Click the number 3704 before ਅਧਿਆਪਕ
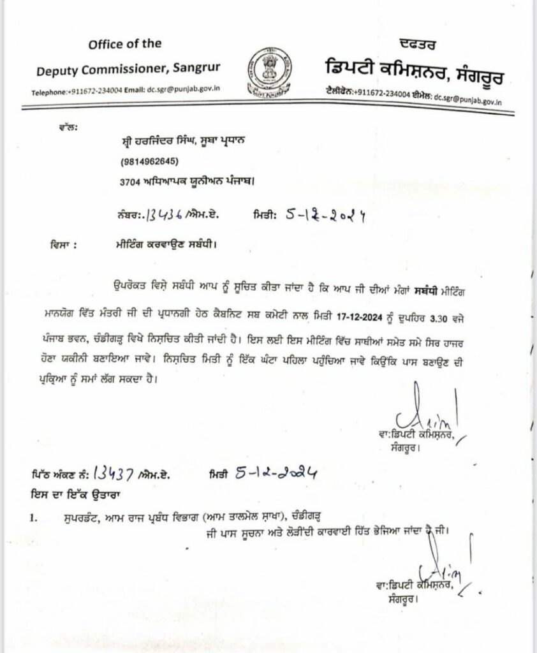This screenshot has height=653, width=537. pos(130,182)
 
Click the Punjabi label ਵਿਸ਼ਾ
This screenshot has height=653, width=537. pos(62,243)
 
